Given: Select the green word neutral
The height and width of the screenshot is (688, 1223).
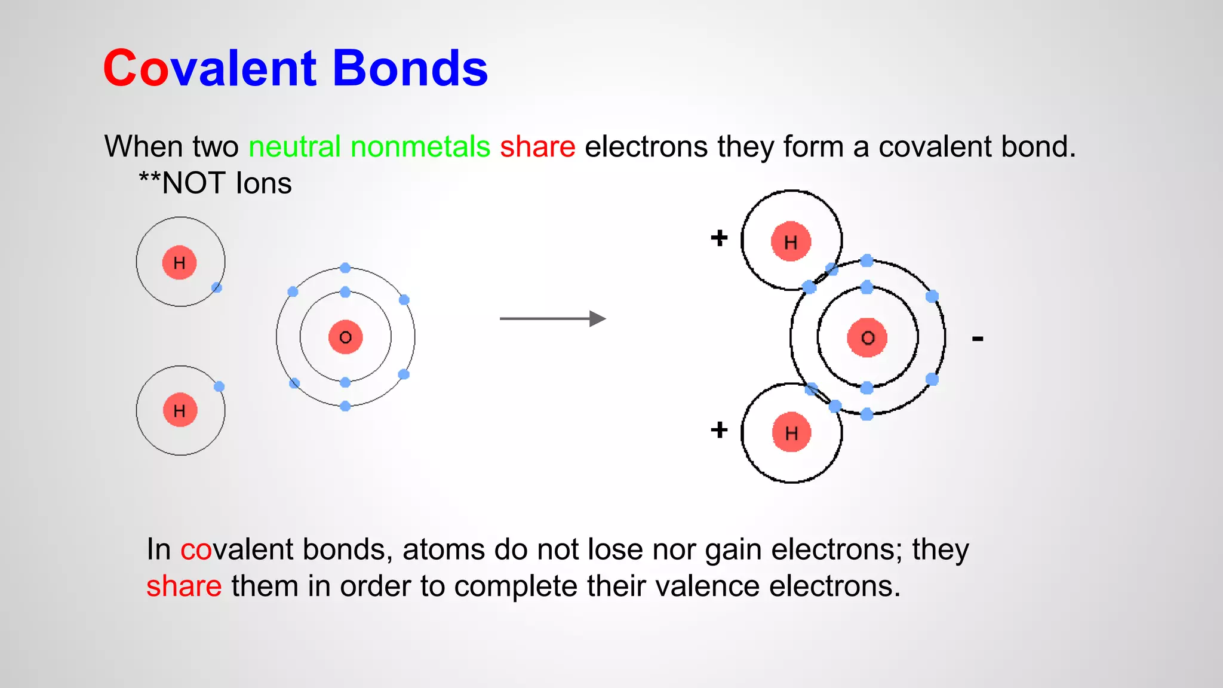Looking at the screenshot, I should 294,147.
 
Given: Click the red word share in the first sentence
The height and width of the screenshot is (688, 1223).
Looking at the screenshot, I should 537,147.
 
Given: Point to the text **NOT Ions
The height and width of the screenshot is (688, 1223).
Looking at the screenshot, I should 215,183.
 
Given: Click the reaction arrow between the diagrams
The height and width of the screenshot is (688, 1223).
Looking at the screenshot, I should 552,318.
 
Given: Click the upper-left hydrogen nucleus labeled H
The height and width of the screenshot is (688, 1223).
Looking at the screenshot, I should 179,262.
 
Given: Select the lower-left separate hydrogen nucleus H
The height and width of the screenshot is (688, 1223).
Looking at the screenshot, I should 180,410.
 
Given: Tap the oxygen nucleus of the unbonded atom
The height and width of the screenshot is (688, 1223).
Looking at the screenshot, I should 345,337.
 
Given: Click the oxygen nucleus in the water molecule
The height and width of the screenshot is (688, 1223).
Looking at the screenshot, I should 867,337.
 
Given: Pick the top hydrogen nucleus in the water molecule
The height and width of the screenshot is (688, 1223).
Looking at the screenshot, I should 791,242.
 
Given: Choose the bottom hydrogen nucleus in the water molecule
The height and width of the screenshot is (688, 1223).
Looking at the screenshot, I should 791,432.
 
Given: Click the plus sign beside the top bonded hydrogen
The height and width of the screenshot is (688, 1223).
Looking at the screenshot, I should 719,238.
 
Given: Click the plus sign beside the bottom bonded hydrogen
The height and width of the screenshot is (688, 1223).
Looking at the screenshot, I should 719,429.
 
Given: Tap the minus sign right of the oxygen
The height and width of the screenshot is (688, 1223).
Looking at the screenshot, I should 977,339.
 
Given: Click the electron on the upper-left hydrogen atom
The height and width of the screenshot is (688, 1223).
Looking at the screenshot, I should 217,288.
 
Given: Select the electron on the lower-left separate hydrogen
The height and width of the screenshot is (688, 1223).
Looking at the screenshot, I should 219,386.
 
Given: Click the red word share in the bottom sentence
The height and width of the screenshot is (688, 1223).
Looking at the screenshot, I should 184,586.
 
